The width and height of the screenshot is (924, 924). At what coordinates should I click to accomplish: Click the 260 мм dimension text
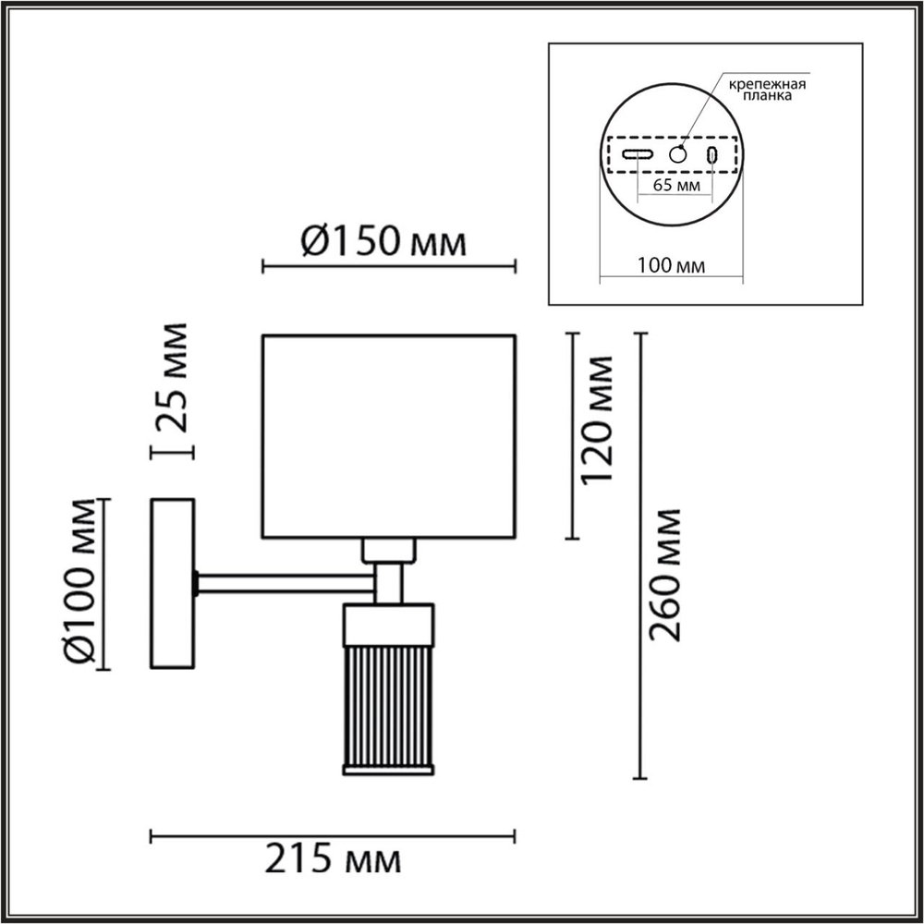click(664, 573)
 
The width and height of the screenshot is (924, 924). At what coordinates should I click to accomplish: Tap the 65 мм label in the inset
click(675, 186)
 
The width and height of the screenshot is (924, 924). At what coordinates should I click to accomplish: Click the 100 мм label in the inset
click(672, 266)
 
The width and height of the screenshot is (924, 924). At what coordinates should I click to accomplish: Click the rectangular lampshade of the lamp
click(388, 436)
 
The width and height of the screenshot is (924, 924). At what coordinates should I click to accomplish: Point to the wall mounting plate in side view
click(172, 583)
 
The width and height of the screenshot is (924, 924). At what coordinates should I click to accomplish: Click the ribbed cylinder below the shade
click(388, 707)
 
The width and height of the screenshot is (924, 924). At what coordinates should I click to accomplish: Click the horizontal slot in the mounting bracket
click(638, 154)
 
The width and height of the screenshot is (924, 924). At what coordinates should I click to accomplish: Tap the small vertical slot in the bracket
click(712, 155)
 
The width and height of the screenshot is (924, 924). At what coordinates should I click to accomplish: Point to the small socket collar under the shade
click(388, 551)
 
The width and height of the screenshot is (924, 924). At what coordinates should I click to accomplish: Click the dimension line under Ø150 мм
click(388, 268)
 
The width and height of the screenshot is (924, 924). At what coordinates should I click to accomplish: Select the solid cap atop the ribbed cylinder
click(388, 624)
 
